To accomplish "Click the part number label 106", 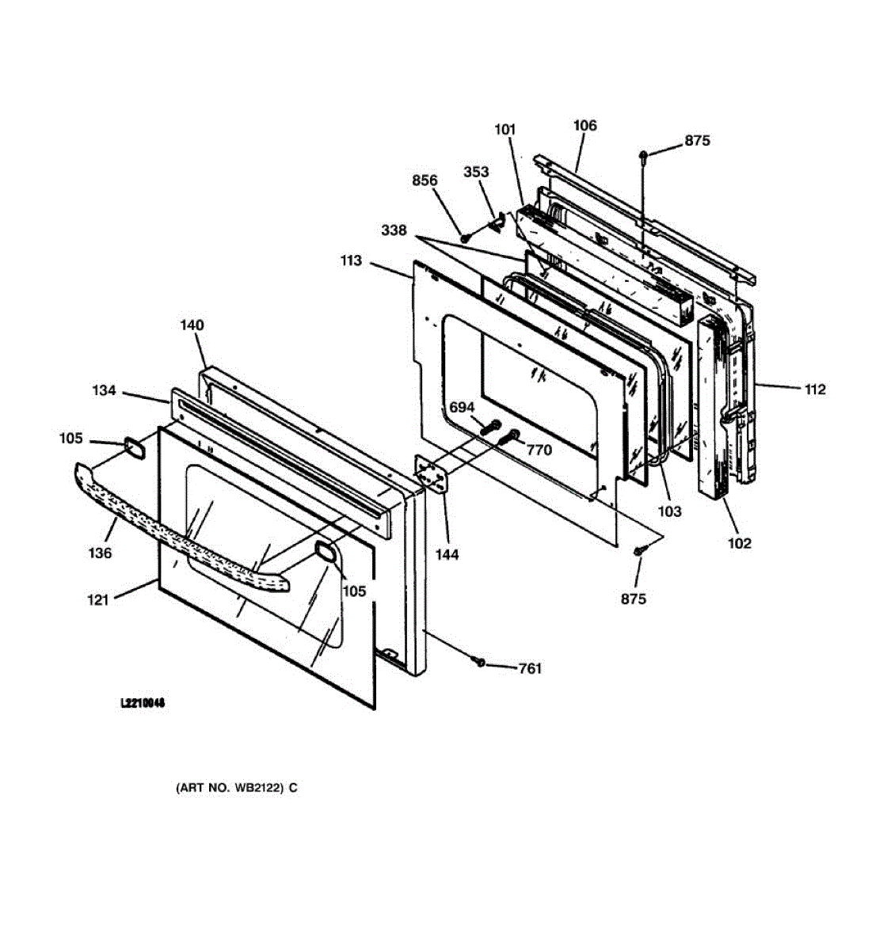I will (584, 125).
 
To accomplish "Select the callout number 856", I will (425, 180).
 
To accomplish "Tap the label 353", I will (476, 172).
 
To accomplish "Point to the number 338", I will (394, 230).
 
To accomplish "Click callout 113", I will (351, 260).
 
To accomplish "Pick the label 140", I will (192, 325).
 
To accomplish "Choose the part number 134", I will (103, 390).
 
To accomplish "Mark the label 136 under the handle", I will (100, 553).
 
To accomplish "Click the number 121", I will (98, 600).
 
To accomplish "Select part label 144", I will (447, 555).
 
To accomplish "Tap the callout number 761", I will (530, 669).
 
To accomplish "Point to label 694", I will (461, 408).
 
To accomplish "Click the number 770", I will (539, 450).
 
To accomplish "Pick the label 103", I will (669, 511).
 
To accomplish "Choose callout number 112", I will (814, 389).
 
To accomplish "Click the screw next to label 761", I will (479, 661).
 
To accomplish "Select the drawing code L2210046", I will (143, 703).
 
